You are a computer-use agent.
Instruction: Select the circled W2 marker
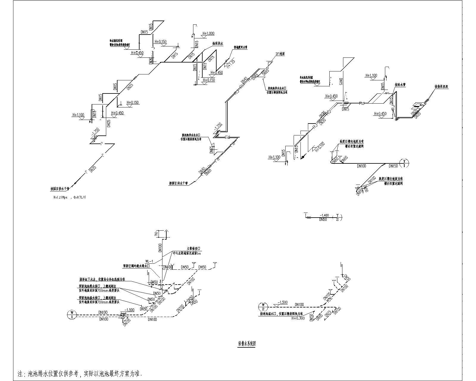[263, 307]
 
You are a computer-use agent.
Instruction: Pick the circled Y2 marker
[337, 217]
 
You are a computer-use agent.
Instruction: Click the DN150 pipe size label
[394, 166]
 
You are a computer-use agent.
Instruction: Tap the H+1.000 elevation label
[208, 34]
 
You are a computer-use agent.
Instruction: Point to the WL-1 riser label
[149, 260]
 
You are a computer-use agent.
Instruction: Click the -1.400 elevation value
[324, 215]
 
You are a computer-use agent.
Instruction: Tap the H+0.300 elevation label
[298, 318]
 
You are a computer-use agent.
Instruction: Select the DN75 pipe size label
[328, 313]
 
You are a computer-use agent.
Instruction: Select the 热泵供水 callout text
[217, 43]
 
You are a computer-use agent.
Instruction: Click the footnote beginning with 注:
[80, 373]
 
